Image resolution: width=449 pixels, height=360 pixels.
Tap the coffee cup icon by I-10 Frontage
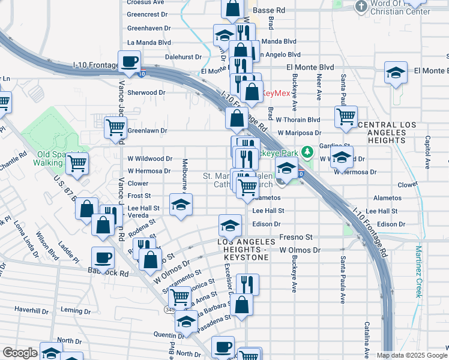pos(129,61)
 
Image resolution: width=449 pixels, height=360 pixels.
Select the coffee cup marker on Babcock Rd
pos(103,257)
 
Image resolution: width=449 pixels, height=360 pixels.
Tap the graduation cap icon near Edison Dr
pos(229,225)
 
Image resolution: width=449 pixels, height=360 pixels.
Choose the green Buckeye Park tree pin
pos(308,151)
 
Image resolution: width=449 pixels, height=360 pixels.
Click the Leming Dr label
pos(75,310)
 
